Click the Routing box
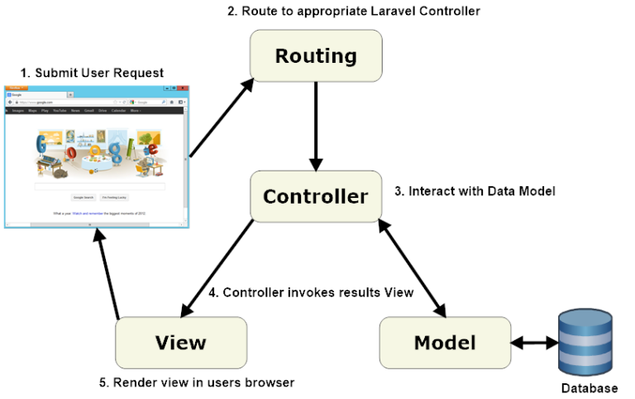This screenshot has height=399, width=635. point(316,56)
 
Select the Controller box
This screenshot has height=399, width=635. point(316,197)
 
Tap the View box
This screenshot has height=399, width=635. point(180,343)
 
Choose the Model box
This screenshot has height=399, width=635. point(445,343)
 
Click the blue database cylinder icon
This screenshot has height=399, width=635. point(585,341)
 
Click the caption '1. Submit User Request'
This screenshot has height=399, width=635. point(92,73)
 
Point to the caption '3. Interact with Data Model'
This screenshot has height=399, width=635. point(474,191)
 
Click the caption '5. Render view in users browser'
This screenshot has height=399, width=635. point(196,382)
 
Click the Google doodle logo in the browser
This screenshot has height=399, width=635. point(98,152)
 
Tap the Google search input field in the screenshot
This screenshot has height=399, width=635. point(99,187)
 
